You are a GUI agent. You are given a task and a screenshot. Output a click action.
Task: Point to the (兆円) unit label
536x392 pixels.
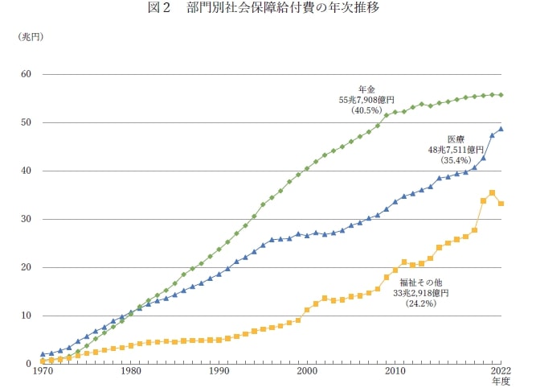(31, 37)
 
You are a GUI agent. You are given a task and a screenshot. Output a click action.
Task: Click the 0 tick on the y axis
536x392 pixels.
(28, 364)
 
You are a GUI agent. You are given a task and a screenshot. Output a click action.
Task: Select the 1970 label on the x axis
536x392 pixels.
(43, 373)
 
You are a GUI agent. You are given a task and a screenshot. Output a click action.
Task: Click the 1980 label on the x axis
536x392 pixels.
(130, 373)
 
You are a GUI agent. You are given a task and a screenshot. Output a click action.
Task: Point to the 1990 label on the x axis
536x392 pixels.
(219, 373)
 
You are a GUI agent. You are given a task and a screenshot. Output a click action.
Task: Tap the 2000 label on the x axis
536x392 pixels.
(306, 373)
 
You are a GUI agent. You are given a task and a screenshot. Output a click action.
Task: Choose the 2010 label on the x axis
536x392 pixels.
(395, 373)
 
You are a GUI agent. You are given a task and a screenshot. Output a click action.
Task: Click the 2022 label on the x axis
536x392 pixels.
(501, 373)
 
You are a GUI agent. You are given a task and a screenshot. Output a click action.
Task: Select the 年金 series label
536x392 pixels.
(367, 89)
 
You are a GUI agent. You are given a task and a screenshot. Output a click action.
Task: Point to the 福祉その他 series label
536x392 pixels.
(421, 283)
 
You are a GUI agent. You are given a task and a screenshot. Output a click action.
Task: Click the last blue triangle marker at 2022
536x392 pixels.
(501, 129)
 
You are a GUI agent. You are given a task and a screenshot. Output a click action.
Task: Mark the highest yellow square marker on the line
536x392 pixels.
(492, 192)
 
